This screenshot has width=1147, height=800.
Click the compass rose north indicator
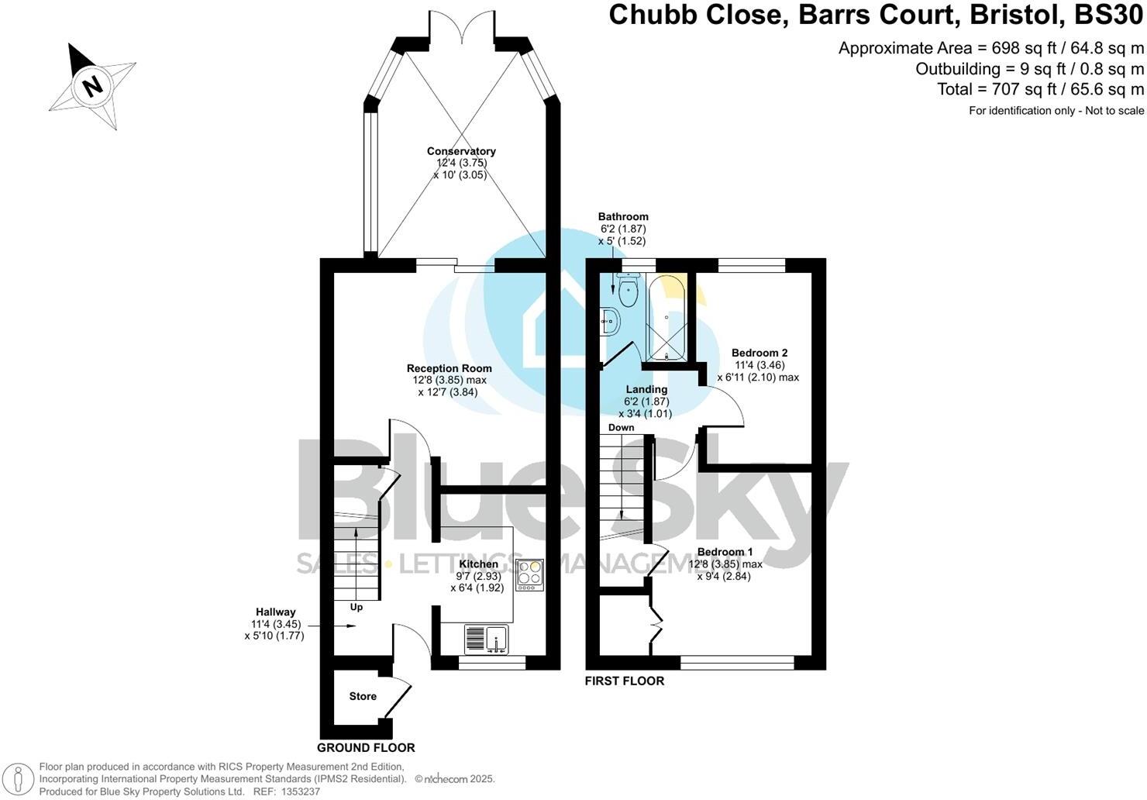[92, 84]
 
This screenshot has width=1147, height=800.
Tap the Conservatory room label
[461, 151]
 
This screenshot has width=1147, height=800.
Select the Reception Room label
[449, 368]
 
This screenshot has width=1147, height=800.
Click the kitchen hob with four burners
[530, 575]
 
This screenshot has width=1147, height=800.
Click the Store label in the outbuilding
[363, 696]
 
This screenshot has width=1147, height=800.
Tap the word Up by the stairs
[356, 607]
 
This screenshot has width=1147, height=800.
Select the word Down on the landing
[621, 427]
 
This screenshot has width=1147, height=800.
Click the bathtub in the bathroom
[666, 318]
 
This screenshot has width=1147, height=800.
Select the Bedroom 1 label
[725, 552]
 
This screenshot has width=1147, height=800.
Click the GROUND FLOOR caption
[366, 748]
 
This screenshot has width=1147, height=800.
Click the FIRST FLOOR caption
[625, 681]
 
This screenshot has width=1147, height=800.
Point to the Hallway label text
[277, 612]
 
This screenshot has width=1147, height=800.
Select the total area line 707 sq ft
[1040, 89]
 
